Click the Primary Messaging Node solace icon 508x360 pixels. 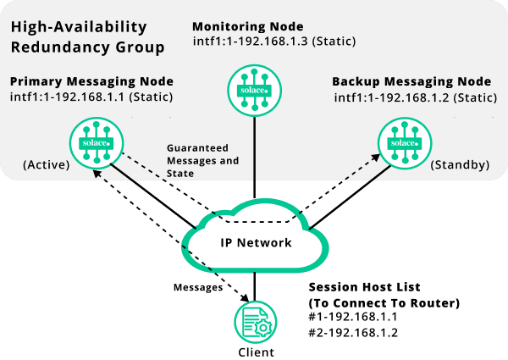tap(97, 141)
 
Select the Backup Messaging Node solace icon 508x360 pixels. tap(401, 142)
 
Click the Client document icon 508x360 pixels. tap(255, 322)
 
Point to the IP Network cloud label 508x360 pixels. tap(257, 243)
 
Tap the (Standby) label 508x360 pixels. tap(460, 164)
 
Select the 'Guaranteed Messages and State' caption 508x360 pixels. tap(202, 159)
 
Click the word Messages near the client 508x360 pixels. tap(198, 287)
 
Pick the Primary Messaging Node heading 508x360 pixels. tap(91, 81)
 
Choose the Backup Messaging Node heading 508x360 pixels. tap(411, 82)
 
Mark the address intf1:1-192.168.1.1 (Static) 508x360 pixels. tap(91, 97)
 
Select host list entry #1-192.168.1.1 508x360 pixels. tap(354, 318)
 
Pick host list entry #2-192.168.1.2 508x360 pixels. tap(354, 334)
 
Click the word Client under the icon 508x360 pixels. tap(255, 352)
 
